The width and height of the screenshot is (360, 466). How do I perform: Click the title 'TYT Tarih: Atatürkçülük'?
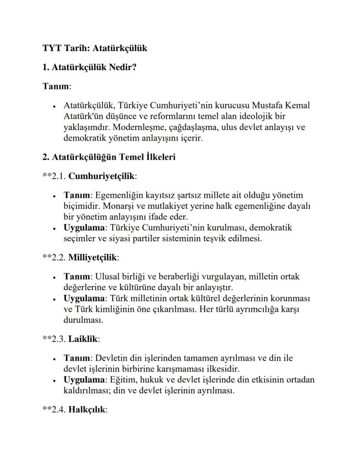point(94,48)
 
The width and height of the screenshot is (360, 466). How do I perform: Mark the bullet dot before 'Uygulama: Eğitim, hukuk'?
point(53,380)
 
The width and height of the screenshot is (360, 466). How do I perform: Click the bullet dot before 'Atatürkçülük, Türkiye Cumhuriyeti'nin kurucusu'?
point(53,106)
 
